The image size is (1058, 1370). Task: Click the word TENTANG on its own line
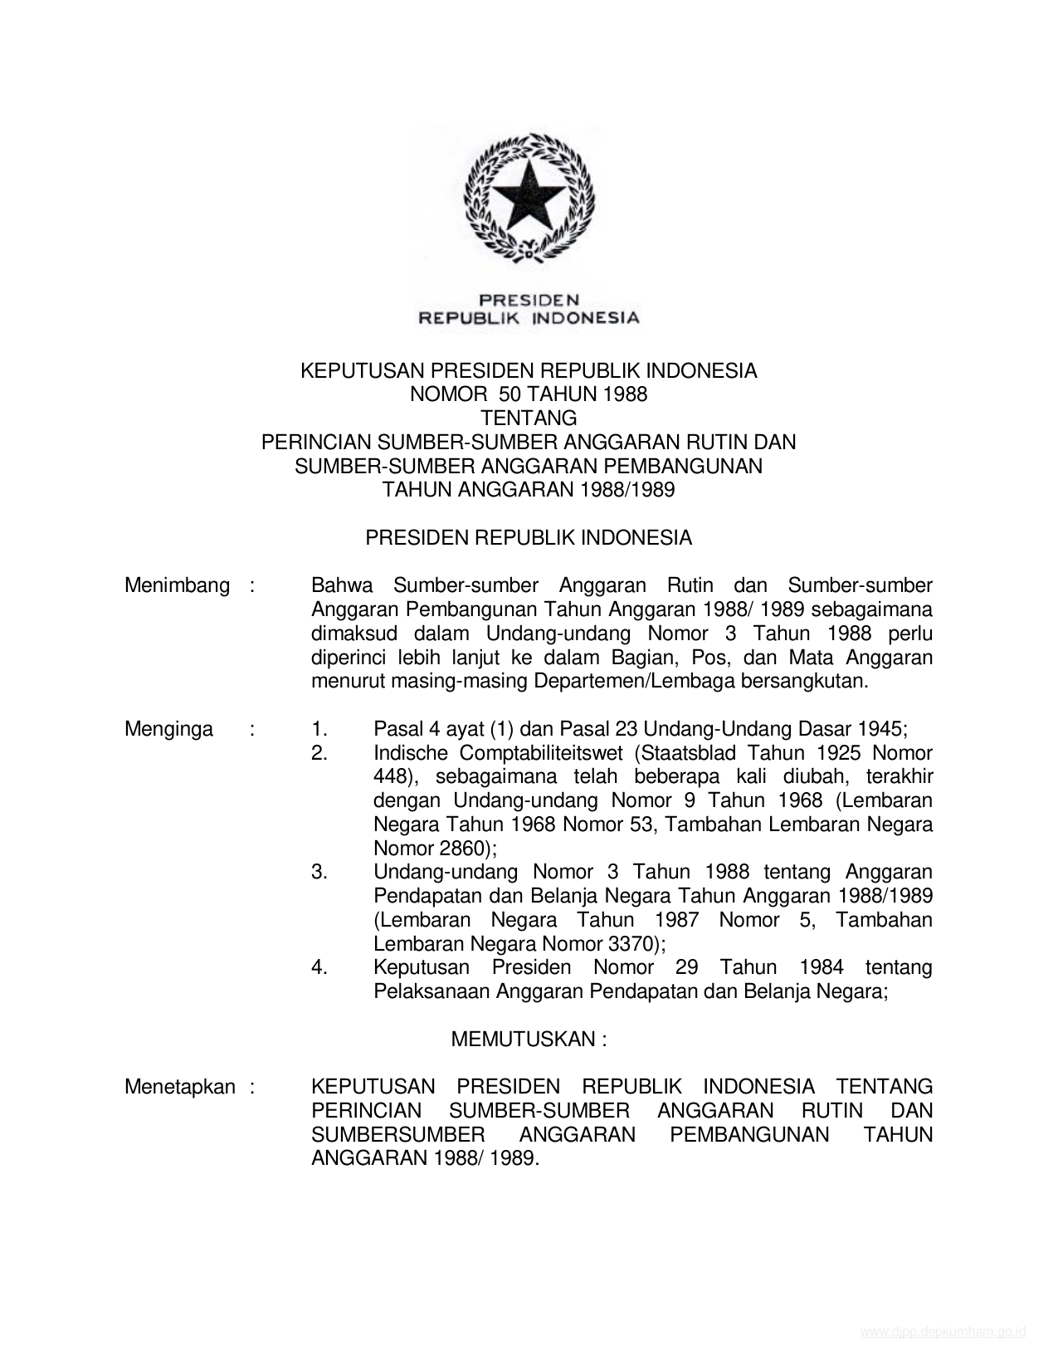[529, 418]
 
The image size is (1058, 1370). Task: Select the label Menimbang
[177, 585]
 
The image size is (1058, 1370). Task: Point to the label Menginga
[168, 729]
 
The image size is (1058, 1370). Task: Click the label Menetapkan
[179, 1087]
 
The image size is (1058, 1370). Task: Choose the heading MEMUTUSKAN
[523, 1039]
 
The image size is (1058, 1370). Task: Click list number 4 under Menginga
[319, 967]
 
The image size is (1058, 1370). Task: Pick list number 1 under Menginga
[319, 729]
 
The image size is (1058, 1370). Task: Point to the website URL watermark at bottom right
[943, 1333]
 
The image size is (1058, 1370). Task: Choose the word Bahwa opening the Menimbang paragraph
[342, 585]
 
